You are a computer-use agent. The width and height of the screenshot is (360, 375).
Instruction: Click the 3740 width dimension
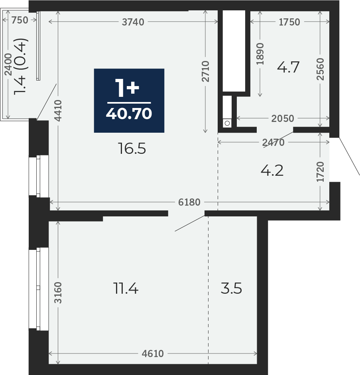point(133,22)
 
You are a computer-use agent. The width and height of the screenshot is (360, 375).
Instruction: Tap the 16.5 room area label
point(132,148)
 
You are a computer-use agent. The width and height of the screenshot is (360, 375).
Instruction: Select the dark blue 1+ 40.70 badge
point(129,100)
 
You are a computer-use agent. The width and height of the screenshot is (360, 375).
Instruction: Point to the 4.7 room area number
point(288,67)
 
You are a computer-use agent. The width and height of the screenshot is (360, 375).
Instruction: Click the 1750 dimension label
point(289,22)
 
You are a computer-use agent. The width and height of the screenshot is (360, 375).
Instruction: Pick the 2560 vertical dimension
point(320,69)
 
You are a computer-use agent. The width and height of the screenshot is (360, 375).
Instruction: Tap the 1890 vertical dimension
point(260,54)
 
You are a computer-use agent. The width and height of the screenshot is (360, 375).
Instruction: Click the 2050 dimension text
point(283,118)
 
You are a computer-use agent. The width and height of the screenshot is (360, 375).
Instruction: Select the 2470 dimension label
point(273,143)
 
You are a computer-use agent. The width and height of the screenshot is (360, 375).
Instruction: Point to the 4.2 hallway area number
point(272,171)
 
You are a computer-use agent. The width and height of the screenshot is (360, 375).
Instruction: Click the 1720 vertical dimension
point(320,172)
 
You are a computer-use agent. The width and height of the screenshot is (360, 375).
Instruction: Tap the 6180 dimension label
point(189,202)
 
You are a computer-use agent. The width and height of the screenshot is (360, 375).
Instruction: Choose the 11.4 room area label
point(126,288)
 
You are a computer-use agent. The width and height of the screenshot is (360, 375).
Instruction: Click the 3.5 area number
point(231,288)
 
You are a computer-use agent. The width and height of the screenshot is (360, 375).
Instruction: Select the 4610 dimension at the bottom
point(153,353)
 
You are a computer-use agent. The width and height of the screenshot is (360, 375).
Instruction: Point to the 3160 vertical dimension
point(58,293)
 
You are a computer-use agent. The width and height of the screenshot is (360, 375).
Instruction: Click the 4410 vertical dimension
point(58,110)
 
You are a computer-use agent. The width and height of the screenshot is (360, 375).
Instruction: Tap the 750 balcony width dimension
point(20,20)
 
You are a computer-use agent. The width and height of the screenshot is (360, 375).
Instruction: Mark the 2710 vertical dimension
point(205,71)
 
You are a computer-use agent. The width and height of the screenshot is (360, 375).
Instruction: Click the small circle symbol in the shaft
point(227,124)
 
